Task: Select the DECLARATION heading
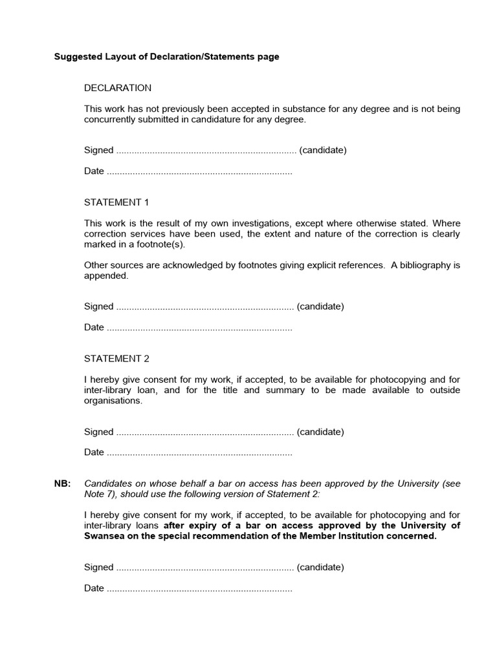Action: click(x=118, y=88)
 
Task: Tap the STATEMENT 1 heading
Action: click(x=116, y=202)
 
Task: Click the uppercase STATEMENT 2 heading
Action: click(x=116, y=359)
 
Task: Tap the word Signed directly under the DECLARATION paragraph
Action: click(x=98, y=151)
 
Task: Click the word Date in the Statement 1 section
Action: click(x=94, y=328)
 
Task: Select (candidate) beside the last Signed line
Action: click(x=320, y=568)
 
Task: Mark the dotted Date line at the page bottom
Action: click(x=199, y=589)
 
